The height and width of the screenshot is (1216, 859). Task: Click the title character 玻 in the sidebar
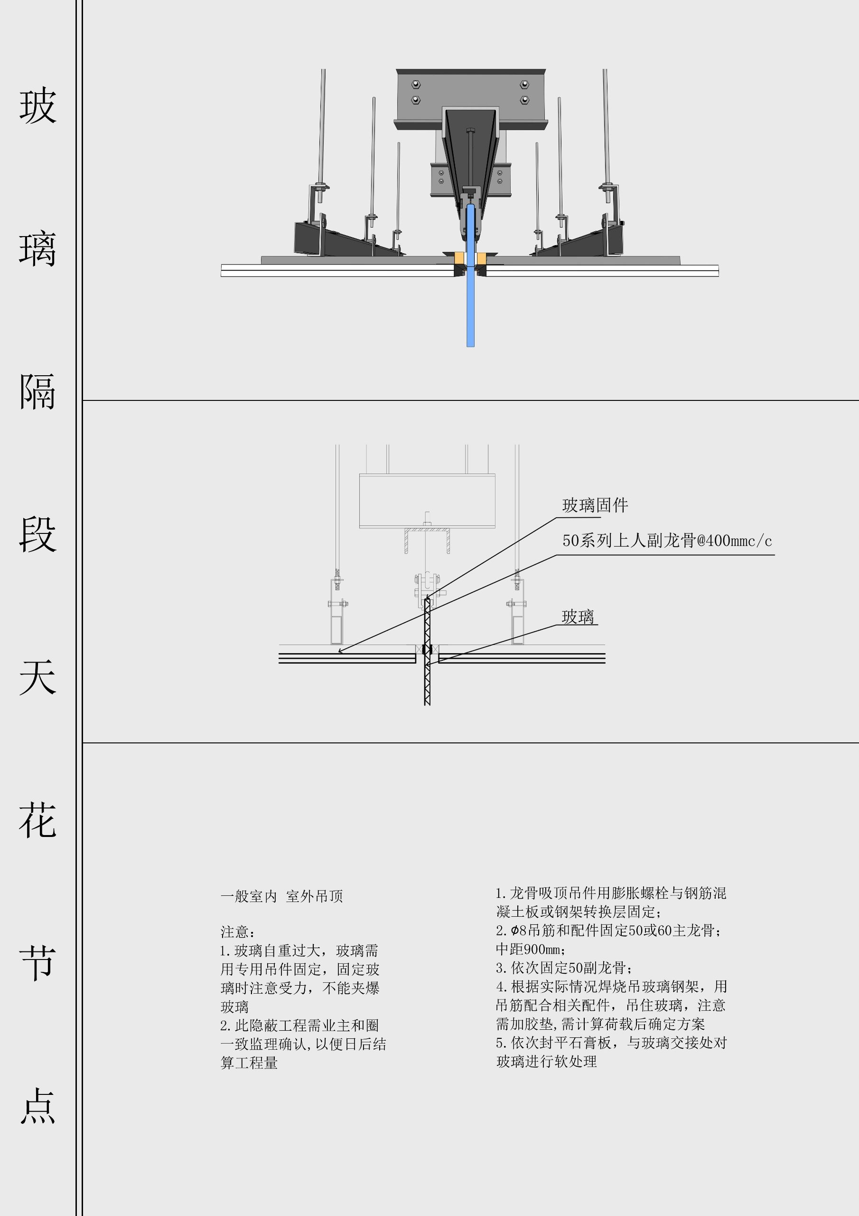(37, 106)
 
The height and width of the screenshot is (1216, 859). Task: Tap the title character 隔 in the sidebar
(37, 392)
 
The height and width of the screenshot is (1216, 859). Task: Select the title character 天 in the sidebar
(37, 677)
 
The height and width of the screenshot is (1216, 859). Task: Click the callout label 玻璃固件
(595, 506)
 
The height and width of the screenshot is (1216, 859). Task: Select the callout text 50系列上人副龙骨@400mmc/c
(667, 541)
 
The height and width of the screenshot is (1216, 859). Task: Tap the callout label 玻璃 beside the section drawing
(578, 617)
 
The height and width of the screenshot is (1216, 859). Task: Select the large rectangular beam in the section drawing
(427, 501)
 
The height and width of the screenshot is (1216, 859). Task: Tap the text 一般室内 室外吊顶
(281, 897)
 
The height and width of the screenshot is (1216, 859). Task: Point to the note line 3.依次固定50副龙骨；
(564, 968)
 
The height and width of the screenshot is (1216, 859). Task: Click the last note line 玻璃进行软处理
(546, 1061)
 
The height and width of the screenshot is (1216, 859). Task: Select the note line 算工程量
(249, 1063)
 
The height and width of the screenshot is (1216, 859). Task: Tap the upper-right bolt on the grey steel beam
(524, 84)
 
